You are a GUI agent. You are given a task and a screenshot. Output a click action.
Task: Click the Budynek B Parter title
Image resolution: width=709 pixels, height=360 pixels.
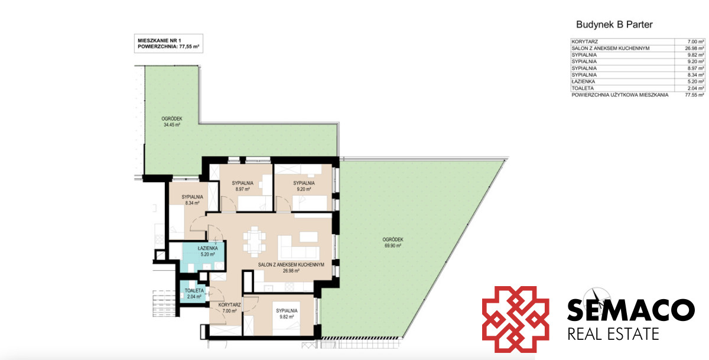pos(614,25)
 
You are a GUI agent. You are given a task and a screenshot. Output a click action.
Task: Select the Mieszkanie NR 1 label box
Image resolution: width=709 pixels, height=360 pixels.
pos(168,43)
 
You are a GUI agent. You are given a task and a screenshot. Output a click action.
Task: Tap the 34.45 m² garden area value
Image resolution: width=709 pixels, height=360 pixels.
pos(172,125)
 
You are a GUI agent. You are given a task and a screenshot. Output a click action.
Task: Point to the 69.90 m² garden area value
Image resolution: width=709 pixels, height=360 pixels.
pos(393,245)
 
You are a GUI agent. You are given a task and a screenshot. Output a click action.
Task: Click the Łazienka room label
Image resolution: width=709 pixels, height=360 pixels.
pos(207,248)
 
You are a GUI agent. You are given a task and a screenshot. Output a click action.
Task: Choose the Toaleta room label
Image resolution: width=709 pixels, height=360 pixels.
pos(194,290)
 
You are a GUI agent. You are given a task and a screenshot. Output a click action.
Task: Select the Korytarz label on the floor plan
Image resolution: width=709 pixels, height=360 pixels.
pos(229,305)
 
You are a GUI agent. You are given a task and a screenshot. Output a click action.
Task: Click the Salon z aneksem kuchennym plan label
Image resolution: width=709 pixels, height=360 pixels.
pos(291,265)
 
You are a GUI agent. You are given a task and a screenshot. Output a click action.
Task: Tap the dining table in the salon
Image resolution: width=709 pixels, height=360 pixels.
pos(254,241)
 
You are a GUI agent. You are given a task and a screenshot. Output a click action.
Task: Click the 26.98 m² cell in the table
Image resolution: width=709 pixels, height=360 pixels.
pos(694,48)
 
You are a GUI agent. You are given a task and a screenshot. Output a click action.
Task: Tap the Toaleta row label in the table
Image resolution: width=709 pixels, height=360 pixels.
pos(583,88)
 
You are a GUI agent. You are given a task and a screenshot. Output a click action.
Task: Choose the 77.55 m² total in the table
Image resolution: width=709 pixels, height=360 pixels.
pos(694,95)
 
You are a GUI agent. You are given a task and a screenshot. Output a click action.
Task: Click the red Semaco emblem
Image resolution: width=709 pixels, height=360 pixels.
pos(515,319)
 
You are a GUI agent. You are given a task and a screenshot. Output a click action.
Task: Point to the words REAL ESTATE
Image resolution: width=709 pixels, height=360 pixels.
pos(613,334)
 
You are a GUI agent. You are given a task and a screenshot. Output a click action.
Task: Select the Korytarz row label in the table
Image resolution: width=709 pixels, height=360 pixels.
pos(584,41)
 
